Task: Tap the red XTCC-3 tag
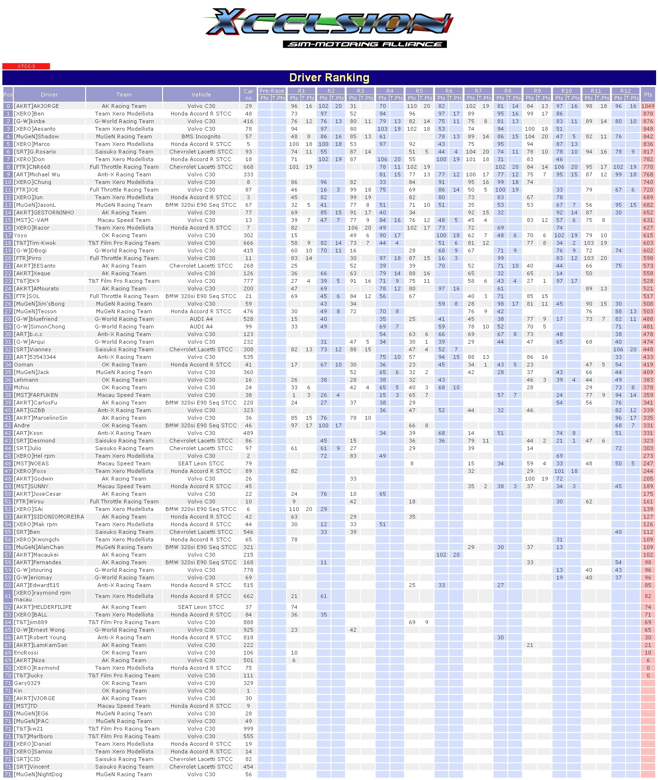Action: pyautogui.click(x=26, y=67)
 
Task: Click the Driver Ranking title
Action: pyautogui.click(x=329, y=77)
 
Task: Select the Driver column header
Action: pyautogui.click(x=49, y=95)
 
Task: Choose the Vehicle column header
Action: pyautogui.click(x=201, y=95)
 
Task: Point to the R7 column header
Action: pyautogui.click(x=478, y=91)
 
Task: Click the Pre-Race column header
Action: pyautogui.click(x=272, y=91)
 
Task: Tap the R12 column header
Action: pyautogui.click(x=626, y=91)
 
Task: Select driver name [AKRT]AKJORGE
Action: pyautogui.click(x=37, y=106)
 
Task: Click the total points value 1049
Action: pyautogui.click(x=648, y=106)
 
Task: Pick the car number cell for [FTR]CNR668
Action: pyautogui.click(x=248, y=167)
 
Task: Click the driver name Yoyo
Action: pyautogui.click(x=20, y=235)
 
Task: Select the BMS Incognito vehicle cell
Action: pyautogui.click(x=201, y=136)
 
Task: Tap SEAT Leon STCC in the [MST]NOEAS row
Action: pyautogui.click(x=201, y=463)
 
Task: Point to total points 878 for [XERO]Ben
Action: pyautogui.click(x=648, y=114)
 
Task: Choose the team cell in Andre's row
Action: pyautogui.click(x=124, y=425)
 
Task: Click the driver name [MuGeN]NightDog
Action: pyautogui.click(x=38, y=774)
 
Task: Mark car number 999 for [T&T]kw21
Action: pyautogui.click(x=248, y=729)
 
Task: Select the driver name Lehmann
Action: pyautogui.click(x=26, y=380)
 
